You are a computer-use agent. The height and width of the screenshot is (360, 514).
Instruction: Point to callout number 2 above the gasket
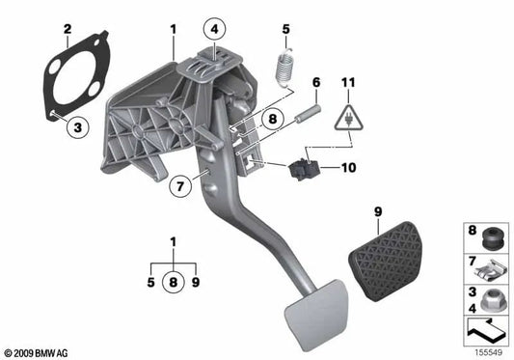(x=67, y=30)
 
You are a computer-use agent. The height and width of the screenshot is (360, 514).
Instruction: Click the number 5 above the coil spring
(x=285, y=30)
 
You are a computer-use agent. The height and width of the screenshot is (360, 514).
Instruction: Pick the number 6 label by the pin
(x=315, y=83)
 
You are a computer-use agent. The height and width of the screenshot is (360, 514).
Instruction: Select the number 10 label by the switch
(x=349, y=168)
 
